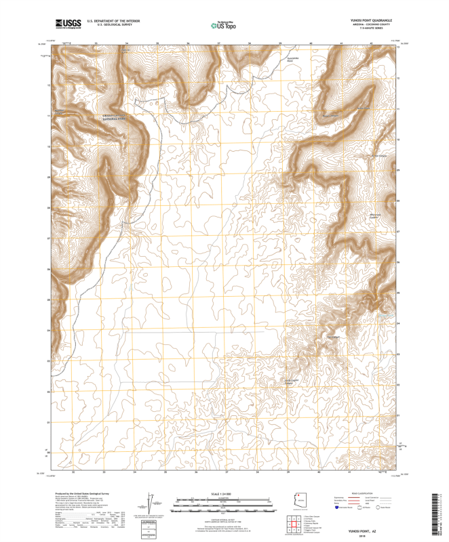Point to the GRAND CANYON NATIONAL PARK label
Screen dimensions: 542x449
[113, 116]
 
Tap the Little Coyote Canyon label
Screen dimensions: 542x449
[291, 381]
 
